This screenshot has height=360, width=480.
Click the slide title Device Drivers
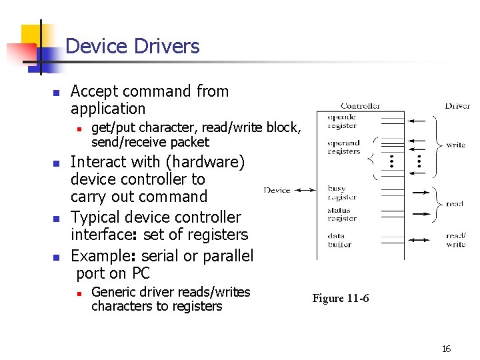(x=133, y=46)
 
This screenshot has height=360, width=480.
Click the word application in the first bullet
(x=108, y=109)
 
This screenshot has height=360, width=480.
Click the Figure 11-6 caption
(x=340, y=298)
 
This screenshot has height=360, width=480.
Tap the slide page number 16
(x=446, y=349)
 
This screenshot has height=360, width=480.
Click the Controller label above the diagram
(x=360, y=105)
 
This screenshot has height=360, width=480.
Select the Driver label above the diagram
(x=457, y=105)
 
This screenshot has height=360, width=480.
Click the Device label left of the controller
(x=277, y=190)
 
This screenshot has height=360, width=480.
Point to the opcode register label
(x=342, y=121)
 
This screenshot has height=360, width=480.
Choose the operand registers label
(x=343, y=147)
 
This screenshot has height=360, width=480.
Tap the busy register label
(x=342, y=193)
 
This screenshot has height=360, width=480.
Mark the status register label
(x=342, y=215)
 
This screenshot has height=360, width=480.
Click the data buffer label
(x=339, y=240)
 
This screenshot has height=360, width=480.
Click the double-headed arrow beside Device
(x=305, y=190)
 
